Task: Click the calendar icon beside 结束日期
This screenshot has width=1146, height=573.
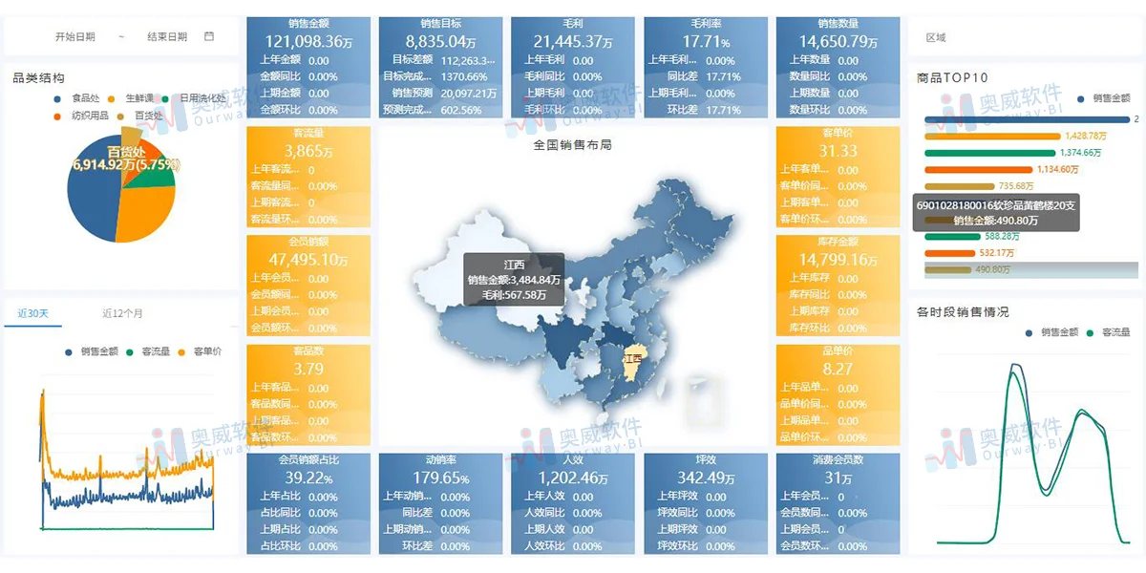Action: pyautogui.click(x=209, y=36)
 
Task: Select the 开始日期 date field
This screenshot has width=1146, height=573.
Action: pyautogui.click(x=74, y=36)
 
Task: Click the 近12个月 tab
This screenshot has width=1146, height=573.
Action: pyautogui.click(x=122, y=313)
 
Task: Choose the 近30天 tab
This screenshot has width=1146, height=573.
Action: pyautogui.click(x=32, y=313)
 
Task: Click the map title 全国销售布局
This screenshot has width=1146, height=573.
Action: pyautogui.click(x=572, y=145)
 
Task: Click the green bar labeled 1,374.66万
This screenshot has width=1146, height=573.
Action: pyautogui.click(x=990, y=153)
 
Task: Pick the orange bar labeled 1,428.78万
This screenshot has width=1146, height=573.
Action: pyautogui.click(x=992, y=136)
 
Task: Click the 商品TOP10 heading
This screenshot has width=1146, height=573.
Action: pyautogui.click(x=951, y=77)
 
